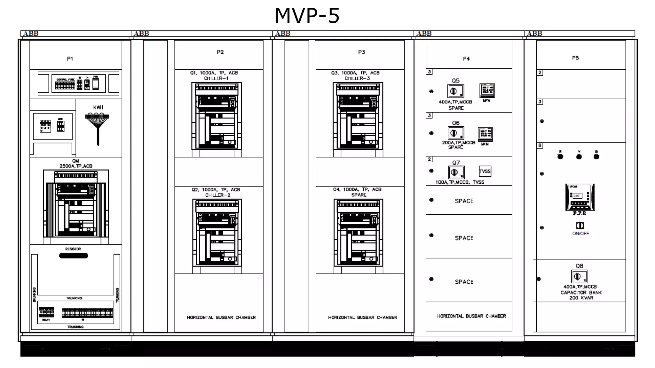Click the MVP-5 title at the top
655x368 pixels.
(307, 15)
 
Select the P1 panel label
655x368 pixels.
(70, 59)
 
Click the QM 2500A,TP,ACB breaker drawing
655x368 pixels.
(76, 203)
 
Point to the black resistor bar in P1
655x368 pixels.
(73, 256)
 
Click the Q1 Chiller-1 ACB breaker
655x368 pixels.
(217, 116)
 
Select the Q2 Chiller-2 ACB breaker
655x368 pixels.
(217, 233)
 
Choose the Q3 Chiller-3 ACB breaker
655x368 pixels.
(358, 116)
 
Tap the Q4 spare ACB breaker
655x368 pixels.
(358, 233)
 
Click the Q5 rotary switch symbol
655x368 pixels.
(455, 91)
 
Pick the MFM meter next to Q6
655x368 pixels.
(485, 134)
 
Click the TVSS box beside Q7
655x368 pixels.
(485, 171)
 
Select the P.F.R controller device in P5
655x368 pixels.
(580, 197)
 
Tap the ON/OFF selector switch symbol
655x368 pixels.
(580, 226)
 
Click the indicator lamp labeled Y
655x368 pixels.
(579, 157)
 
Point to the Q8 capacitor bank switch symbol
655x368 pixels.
(579, 277)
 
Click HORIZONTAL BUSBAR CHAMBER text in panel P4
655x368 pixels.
(471, 316)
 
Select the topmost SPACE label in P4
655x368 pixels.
(464, 201)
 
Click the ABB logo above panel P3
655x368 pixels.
(283, 33)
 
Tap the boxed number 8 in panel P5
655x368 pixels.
(540, 145)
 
